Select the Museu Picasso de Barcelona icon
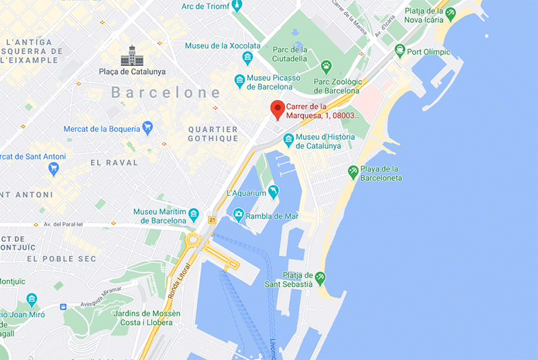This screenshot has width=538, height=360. [x=239, y=81]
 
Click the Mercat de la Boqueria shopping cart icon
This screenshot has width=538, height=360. [x=147, y=127]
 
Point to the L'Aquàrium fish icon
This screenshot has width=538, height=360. [x=273, y=192]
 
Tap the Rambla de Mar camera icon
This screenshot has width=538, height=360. [x=238, y=215]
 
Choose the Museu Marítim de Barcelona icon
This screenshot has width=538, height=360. [x=194, y=215]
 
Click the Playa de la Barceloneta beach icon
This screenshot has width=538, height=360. [x=352, y=172]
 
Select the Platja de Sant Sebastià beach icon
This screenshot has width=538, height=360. [x=320, y=277]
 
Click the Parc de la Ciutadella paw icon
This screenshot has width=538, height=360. [x=326, y=65]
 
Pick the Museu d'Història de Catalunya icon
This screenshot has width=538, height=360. [x=289, y=140]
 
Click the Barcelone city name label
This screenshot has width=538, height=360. [x=166, y=92]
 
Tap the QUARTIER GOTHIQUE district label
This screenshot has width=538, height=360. [x=213, y=134]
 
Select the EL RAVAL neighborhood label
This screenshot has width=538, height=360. [x=114, y=162]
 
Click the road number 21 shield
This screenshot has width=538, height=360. [x=212, y=220]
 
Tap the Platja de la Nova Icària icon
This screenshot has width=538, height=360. [x=450, y=13]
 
